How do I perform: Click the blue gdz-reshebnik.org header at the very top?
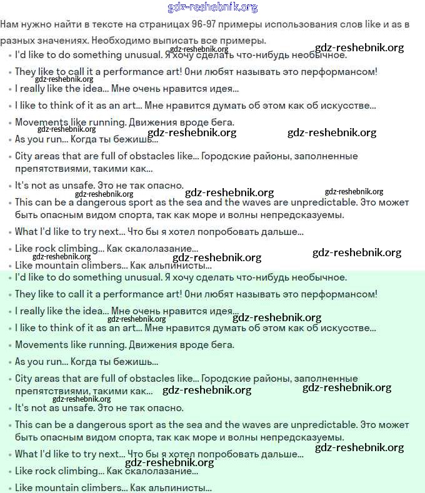click(x=212, y=7)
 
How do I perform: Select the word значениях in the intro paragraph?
click(x=61, y=41)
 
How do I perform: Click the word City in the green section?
click(x=22, y=379)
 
